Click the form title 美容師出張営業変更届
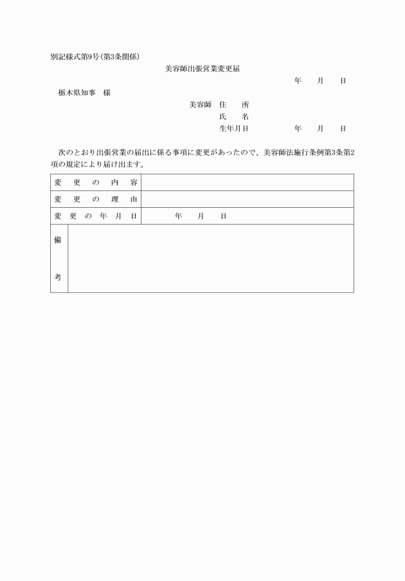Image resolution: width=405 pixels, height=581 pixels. pos(202,68)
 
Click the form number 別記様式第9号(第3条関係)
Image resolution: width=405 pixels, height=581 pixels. pos(95,56)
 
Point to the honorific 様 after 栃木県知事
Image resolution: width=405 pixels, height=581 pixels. pos(106,93)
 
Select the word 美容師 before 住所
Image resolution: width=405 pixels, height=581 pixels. pos(201,104)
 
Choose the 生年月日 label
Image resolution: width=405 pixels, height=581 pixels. pos(234,129)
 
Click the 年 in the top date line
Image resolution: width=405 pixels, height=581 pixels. pos(298,80)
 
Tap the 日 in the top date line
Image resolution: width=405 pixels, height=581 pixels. pos(343,80)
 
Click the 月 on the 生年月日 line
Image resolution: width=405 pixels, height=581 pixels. pos(320,129)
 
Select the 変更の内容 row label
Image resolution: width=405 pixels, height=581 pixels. pos(96,183)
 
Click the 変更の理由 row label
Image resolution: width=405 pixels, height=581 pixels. pos(96,199)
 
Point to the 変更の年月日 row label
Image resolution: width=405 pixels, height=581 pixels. pos(96,216)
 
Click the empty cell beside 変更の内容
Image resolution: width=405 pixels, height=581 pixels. pos(247,183)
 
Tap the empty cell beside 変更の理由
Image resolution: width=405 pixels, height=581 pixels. pos(247,199)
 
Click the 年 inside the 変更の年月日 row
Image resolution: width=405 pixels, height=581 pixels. pos(178,216)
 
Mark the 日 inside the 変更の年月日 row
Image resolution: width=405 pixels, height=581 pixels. pos(223,216)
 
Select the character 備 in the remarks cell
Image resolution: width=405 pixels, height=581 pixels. pos(59,240)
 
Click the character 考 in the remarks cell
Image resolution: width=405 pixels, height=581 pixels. pos(59,277)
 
